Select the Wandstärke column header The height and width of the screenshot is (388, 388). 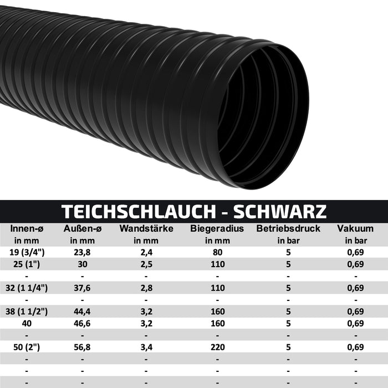(x=146, y=228)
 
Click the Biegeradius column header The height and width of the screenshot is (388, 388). (x=217, y=228)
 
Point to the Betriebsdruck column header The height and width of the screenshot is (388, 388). (x=288, y=228)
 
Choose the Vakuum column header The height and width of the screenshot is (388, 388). (x=355, y=228)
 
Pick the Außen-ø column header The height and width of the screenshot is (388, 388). (x=82, y=228)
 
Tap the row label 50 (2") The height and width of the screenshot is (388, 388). (x=27, y=347)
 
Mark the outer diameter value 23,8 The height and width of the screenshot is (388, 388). (x=82, y=252)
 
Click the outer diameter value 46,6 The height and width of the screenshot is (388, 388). (x=82, y=323)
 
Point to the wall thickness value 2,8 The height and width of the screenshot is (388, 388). (x=146, y=288)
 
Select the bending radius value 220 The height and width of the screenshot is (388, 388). (x=217, y=347)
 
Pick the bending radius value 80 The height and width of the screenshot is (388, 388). (x=217, y=252)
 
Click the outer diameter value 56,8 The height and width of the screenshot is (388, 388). (x=82, y=347)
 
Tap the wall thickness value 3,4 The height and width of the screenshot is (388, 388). (x=146, y=347)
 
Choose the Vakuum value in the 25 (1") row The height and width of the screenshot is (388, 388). (x=355, y=264)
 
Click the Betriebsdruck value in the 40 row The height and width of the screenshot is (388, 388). (x=288, y=323)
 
